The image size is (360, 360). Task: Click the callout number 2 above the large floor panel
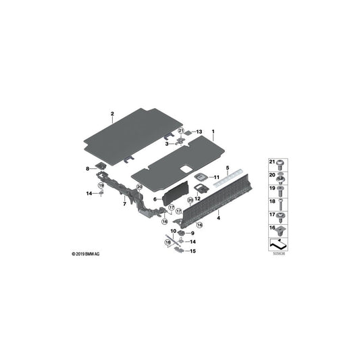click(x=112, y=113)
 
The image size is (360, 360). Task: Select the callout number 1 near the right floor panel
click(x=213, y=132)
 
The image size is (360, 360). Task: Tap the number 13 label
click(x=199, y=132)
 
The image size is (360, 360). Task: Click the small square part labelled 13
click(x=188, y=132)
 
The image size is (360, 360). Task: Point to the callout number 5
click(x=228, y=168)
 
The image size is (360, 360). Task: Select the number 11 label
click(x=217, y=177)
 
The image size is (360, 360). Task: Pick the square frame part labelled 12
click(x=201, y=188)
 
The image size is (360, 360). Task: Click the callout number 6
click(x=155, y=199)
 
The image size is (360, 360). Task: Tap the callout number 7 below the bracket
click(x=125, y=204)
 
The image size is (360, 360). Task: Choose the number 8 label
click(x=88, y=169)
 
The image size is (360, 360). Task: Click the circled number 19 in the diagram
click(x=101, y=185)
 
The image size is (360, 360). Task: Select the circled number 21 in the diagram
click(x=181, y=131)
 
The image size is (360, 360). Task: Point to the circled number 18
click(x=168, y=242)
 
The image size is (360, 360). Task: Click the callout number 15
click(x=193, y=251)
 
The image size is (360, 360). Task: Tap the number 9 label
click(x=192, y=233)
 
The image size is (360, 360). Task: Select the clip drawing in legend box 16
click(x=280, y=230)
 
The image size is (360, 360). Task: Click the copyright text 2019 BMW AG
click(x=86, y=254)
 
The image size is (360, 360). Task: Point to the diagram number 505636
click(x=278, y=254)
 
